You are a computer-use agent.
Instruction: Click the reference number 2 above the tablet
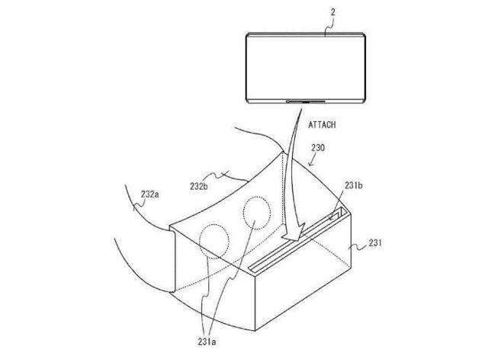coord(333,12)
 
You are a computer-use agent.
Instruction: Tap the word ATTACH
coord(322,125)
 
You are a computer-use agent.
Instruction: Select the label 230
coord(318,148)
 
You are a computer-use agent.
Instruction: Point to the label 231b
coord(354,185)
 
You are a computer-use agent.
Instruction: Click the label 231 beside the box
coord(375,243)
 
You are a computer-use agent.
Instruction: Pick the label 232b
coord(199,186)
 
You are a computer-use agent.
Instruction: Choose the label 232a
coord(149,194)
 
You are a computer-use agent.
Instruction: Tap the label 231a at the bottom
coord(207,342)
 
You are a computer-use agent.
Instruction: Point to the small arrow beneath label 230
coord(312,161)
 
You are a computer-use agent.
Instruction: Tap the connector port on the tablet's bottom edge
coord(305,101)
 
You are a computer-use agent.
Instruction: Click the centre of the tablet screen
coord(306,68)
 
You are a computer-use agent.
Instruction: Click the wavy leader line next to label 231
coord(358,248)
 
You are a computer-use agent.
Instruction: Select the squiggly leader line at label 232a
coord(140,205)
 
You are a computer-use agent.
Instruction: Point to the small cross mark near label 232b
coord(225,175)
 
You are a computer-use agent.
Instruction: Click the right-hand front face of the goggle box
coord(303,271)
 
